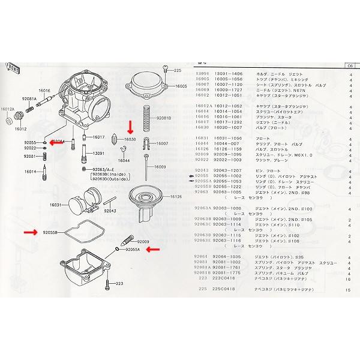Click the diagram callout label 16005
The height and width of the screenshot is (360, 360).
pos(182,86)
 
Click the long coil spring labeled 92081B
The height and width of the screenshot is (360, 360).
pos(145,118)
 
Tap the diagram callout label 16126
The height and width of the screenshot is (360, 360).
pos(176,196)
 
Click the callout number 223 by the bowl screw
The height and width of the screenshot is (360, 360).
pos(119,283)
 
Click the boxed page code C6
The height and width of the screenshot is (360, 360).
pos(349,65)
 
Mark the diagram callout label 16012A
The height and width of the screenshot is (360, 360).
pos(7,109)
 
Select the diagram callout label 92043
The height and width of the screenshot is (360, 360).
pos(110,211)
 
